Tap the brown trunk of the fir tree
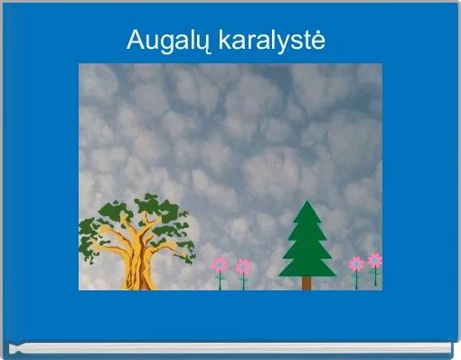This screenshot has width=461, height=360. [x=306, y=283]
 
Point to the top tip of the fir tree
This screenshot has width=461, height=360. [x=307, y=203]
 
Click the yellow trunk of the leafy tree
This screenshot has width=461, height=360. [x=137, y=263]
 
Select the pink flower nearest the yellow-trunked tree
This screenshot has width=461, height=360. [x=220, y=265]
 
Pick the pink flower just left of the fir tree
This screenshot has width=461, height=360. [x=243, y=267]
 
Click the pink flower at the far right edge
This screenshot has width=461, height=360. [x=375, y=261]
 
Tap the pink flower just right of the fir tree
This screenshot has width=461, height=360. [x=356, y=264]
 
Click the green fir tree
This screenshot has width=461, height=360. [x=307, y=244]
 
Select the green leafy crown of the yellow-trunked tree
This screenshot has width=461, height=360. [x=145, y=217]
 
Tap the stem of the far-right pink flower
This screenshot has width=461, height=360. [x=375, y=277]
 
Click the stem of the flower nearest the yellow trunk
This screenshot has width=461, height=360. [x=220, y=281]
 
